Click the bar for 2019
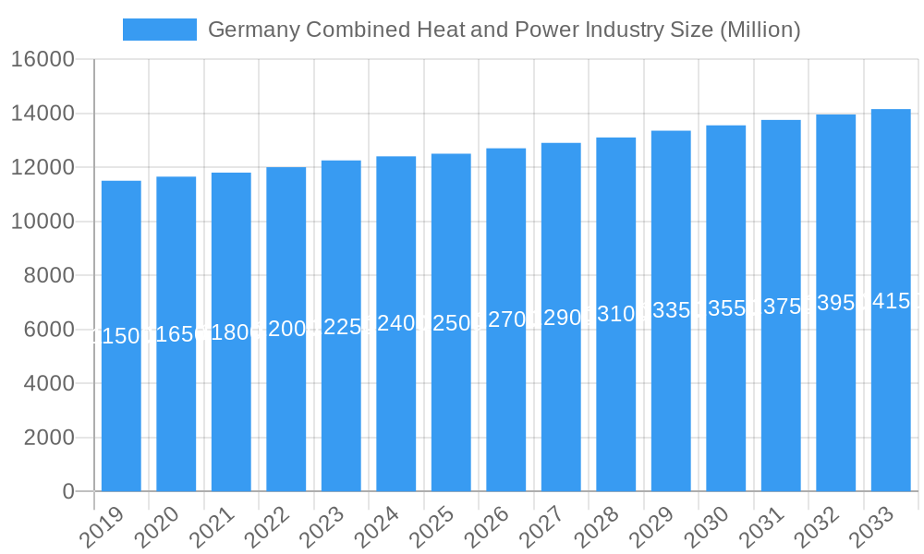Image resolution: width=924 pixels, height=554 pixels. click(x=121, y=336)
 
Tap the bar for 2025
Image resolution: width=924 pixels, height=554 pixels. click(x=451, y=322)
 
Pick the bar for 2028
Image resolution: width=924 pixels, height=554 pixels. click(x=616, y=314)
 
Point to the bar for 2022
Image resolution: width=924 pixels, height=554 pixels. click(x=286, y=329)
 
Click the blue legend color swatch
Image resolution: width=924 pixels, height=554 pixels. click(x=160, y=30)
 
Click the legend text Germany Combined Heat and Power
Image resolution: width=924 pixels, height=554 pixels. click(x=504, y=30)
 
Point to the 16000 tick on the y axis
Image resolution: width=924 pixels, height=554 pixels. click(x=43, y=60)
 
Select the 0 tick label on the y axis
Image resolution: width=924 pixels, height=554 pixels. click(x=68, y=492)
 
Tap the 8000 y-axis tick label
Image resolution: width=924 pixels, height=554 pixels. click(x=49, y=276)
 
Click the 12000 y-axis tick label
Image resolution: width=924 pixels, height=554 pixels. click(x=43, y=168)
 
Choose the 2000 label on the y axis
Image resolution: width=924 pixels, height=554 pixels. click(x=49, y=438)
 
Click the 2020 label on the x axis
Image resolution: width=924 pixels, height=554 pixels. click(x=157, y=528)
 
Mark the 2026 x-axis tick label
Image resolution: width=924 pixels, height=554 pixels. click(x=487, y=528)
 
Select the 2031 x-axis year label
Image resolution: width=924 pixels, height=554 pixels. click(x=762, y=528)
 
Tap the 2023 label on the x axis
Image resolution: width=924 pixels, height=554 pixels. click(x=322, y=528)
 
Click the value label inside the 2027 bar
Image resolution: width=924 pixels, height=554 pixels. click(x=561, y=319)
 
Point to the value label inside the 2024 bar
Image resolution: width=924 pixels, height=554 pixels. click(x=396, y=323)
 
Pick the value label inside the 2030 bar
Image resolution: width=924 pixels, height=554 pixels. click(x=726, y=308)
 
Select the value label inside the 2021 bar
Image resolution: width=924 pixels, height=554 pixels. click(x=231, y=332)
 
